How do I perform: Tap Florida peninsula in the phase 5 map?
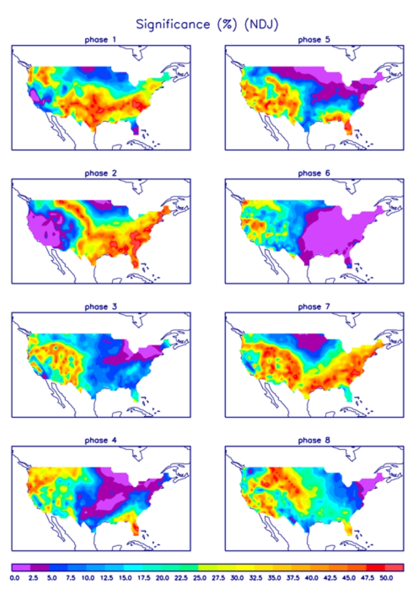349,127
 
